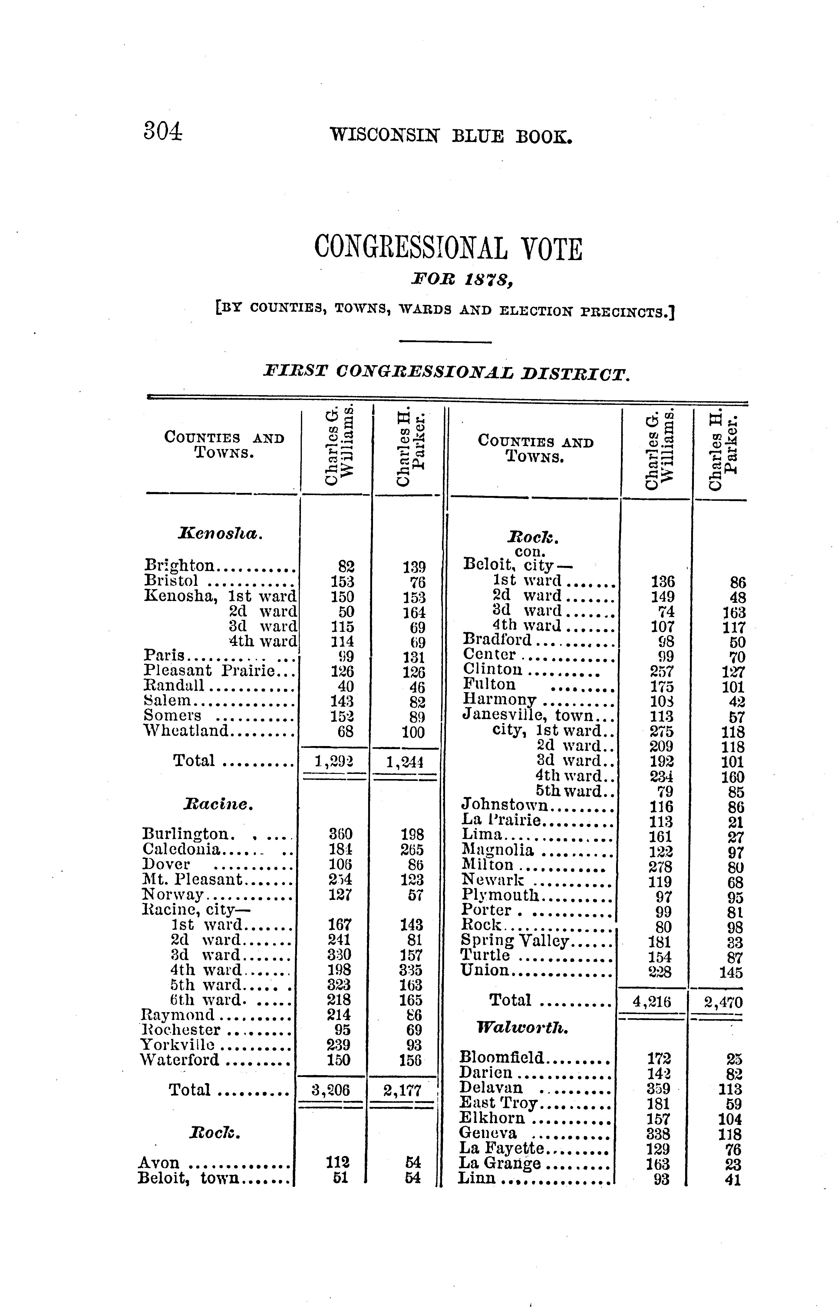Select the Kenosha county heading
click(220, 534)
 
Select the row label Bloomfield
click(502, 1057)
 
